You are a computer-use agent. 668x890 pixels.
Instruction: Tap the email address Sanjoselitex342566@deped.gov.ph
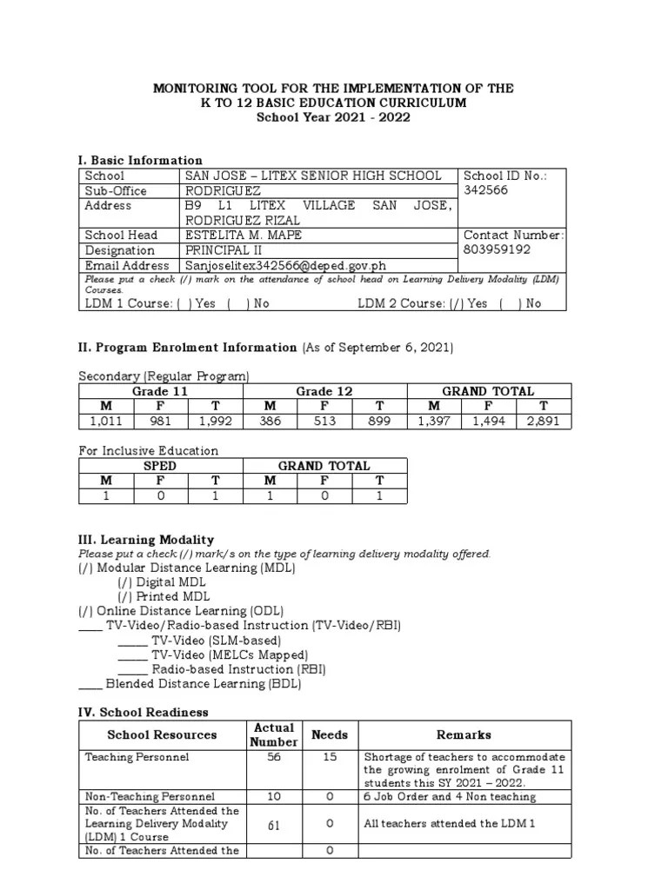click(285, 265)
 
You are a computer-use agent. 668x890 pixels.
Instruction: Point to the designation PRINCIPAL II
click(224, 250)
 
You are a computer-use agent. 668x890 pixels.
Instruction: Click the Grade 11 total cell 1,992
click(216, 422)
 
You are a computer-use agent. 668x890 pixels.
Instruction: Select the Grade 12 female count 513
click(324, 422)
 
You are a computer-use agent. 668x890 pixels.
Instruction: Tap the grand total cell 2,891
click(543, 422)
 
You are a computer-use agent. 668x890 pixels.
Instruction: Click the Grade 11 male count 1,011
click(106, 422)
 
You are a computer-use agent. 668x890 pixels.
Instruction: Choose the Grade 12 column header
click(324, 392)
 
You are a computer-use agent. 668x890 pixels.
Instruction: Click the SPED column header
click(160, 466)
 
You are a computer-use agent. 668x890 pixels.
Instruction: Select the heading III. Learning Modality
click(146, 540)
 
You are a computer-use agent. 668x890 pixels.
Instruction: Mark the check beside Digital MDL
click(125, 582)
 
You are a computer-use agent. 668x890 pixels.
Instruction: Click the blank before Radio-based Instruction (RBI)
click(132, 670)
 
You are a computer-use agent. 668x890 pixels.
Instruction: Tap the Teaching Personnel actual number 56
click(274, 757)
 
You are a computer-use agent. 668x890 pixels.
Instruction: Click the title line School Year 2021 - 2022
click(333, 117)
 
